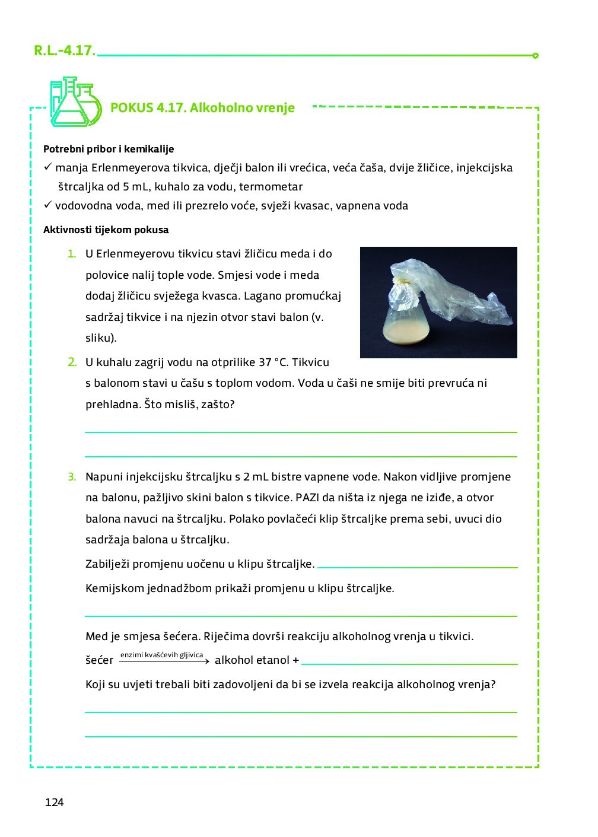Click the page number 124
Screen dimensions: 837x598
pyautogui.click(x=54, y=802)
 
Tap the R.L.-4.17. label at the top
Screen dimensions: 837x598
pyautogui.click(x=64, y=50)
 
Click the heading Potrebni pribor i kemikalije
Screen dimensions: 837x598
pyautogui.click(x=109, y=149)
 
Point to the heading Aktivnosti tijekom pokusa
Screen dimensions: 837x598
pyautogui.click(x=106, y=230)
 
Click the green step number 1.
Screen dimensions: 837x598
pyautogui.click(x=72, y=254)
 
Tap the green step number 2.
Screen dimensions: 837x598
pyautogui.click(x=72, y=362)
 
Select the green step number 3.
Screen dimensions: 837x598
pyautogui.click(x=72, y=476)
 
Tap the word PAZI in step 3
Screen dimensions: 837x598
pyautogui.click(x=307, y=497)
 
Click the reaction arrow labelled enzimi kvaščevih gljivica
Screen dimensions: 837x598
pyautogui.click(x=164, y=661)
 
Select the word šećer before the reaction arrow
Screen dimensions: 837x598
pyautogui.click(x=99, y=660)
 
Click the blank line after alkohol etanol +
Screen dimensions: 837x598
pyautogui.click(x=409, y=664)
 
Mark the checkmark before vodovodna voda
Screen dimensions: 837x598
pyautogui.click(x=48, y=205)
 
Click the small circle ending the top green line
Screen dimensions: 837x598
pyautogui.click(x=535, y=56)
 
